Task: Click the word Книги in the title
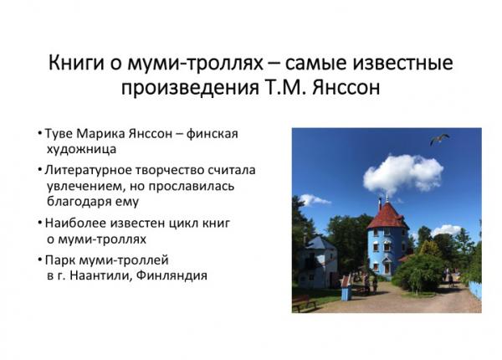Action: coord(76,63)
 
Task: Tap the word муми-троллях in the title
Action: coord(195,64)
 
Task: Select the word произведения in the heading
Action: coord(190,88)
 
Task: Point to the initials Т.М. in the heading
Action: coord(286,87)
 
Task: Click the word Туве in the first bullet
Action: coord(59,134)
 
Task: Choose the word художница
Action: coord(81,149)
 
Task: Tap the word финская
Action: coord(213,134)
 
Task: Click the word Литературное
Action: coord(89,171)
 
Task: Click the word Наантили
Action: coord(100,275)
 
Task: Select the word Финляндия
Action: coord(172,275)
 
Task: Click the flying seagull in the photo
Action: coord(439,139)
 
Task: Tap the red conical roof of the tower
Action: coord(387,216)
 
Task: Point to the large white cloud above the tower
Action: coord(403,173)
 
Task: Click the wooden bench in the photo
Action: coord(303,303)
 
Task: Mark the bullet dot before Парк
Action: coord(39,259)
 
